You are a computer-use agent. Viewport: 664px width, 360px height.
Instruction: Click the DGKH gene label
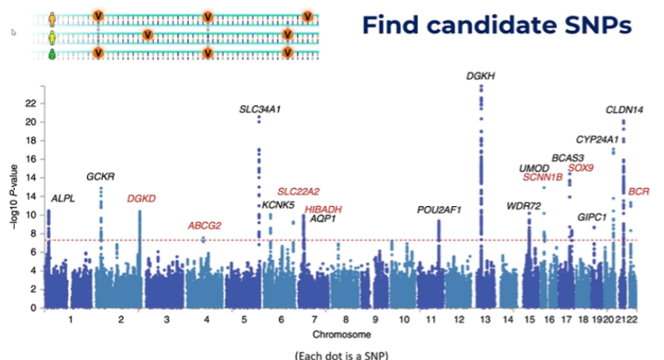(x=481, y=75)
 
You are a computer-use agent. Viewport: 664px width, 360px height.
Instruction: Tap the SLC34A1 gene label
(x=261, y=108)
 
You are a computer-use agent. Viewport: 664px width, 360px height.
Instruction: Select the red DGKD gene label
(x=142, y=199)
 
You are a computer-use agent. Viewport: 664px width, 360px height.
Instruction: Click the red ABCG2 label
(x=204, y=226)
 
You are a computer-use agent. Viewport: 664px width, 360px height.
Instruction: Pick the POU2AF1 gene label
(x=439, y=210)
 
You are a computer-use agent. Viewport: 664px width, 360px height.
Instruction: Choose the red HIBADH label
(x=324, y=209)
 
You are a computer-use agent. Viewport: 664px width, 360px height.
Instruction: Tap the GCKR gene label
(x=100, y=177)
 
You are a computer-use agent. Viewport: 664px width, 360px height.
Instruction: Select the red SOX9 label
(x=580, y=168)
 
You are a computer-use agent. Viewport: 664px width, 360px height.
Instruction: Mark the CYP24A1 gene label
(x=597, y=139)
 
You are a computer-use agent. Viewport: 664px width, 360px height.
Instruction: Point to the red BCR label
(x=639, y=191)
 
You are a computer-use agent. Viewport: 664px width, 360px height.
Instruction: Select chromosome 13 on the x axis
(x=481, y=319)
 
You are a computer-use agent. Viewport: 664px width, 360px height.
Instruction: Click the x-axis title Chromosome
(x=337, y=334)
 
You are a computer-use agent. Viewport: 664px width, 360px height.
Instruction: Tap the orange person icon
(x=52, y=16)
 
